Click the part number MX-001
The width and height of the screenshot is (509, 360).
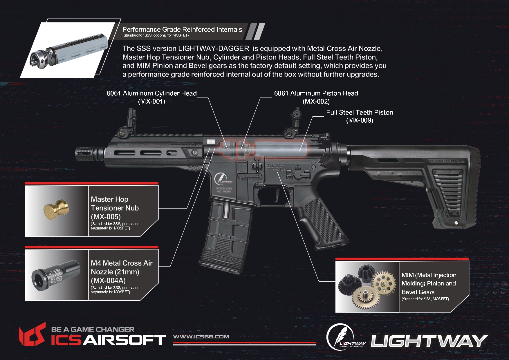[x=151, y=102]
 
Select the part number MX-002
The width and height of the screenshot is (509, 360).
[x=316, y=102]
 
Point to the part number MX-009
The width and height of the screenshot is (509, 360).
[x=360, y=120]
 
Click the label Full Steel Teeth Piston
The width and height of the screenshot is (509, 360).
[x=360, y=112]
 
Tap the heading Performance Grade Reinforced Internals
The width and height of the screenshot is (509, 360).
[x=182, y=29]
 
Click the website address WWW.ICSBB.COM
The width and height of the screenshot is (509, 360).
[x=201, y=337]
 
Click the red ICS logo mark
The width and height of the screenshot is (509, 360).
[x=32, y=335]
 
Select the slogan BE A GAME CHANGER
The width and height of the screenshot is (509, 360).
[x=93, y=330]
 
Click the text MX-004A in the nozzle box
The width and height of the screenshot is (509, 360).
[x=108, y=281]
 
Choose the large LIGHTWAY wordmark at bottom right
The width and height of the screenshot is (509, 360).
[x=429, y=341]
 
